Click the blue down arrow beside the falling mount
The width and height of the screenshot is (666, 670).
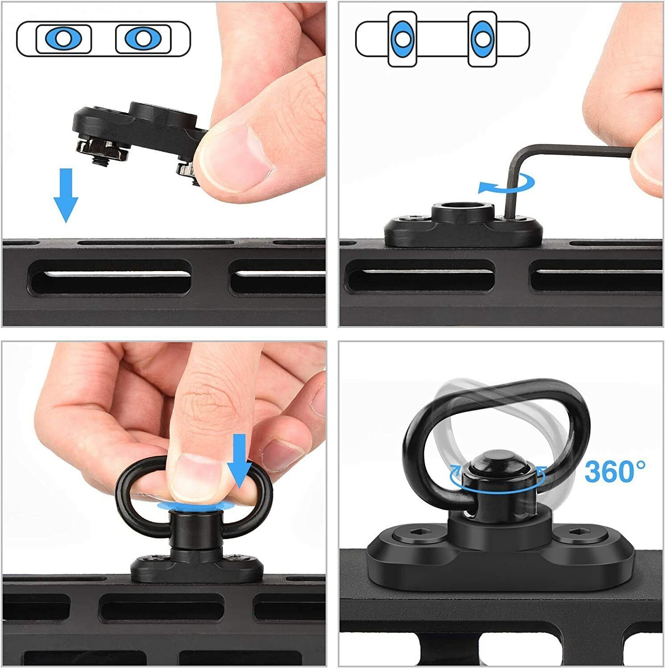(x=66, y=195)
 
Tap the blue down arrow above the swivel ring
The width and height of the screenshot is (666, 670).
(x=239, y=461)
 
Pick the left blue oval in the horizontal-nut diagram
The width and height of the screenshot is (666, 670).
(x=63, y=38)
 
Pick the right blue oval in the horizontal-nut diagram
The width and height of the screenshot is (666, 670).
(x=142, y=38)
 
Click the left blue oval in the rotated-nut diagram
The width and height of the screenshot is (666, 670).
(x=402, y=39)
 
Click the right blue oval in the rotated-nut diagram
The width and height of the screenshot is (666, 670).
(x=482, y=39)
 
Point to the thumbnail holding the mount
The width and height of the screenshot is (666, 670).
(x=235, y=156)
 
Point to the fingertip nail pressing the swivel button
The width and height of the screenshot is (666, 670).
(x=194, y=477)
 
